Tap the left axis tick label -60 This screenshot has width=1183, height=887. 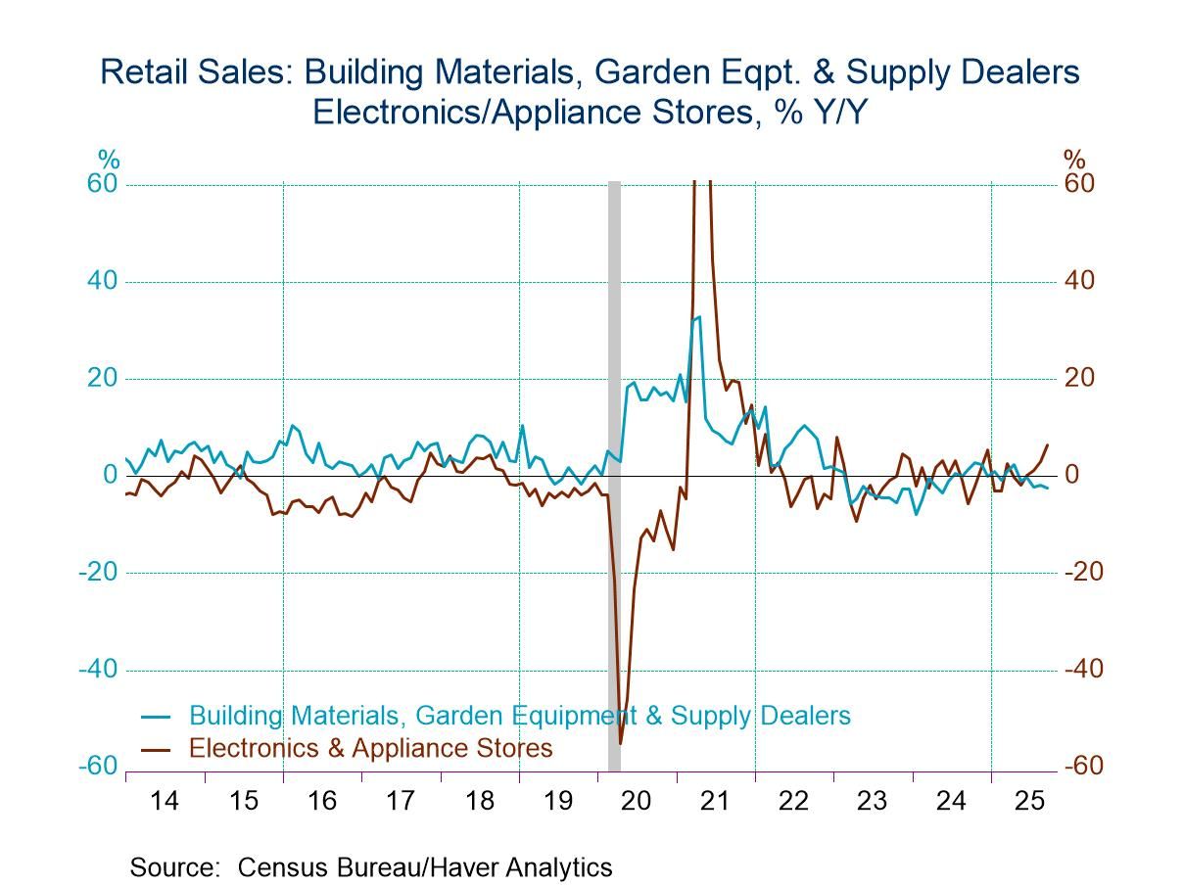pos(99,767)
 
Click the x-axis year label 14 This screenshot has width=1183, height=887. pos(165,801)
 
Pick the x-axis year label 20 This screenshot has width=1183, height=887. pos(637,801)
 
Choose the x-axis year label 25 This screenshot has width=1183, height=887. pos(1030,801)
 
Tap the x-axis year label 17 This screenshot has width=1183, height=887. pos(401,801)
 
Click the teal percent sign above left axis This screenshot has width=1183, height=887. pos(108,160)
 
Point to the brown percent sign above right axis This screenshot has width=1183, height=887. pos(1074,160)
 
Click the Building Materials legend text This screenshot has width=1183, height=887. pos(519,716)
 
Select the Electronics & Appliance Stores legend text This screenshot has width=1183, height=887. pos(370,749)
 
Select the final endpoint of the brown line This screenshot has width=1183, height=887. pos(1048,444)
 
